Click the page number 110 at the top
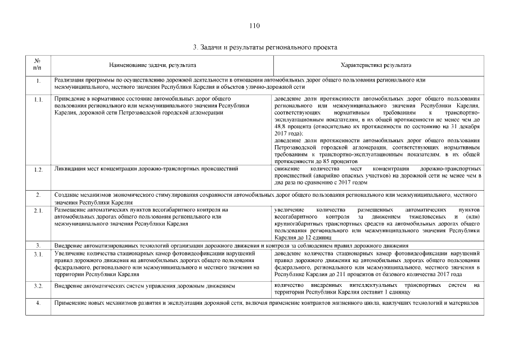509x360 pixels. (254, 26)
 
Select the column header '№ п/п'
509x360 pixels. (37, 65)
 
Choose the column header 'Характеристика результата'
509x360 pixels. (376, 65)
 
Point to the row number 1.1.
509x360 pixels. (38, 100)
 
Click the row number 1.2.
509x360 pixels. (38, 169)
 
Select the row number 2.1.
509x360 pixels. (38, 210)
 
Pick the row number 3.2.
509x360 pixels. (38, 286)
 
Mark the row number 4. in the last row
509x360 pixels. (38, 304)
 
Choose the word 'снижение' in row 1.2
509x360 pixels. (286, 168)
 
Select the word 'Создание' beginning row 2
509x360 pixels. (66, 195)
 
